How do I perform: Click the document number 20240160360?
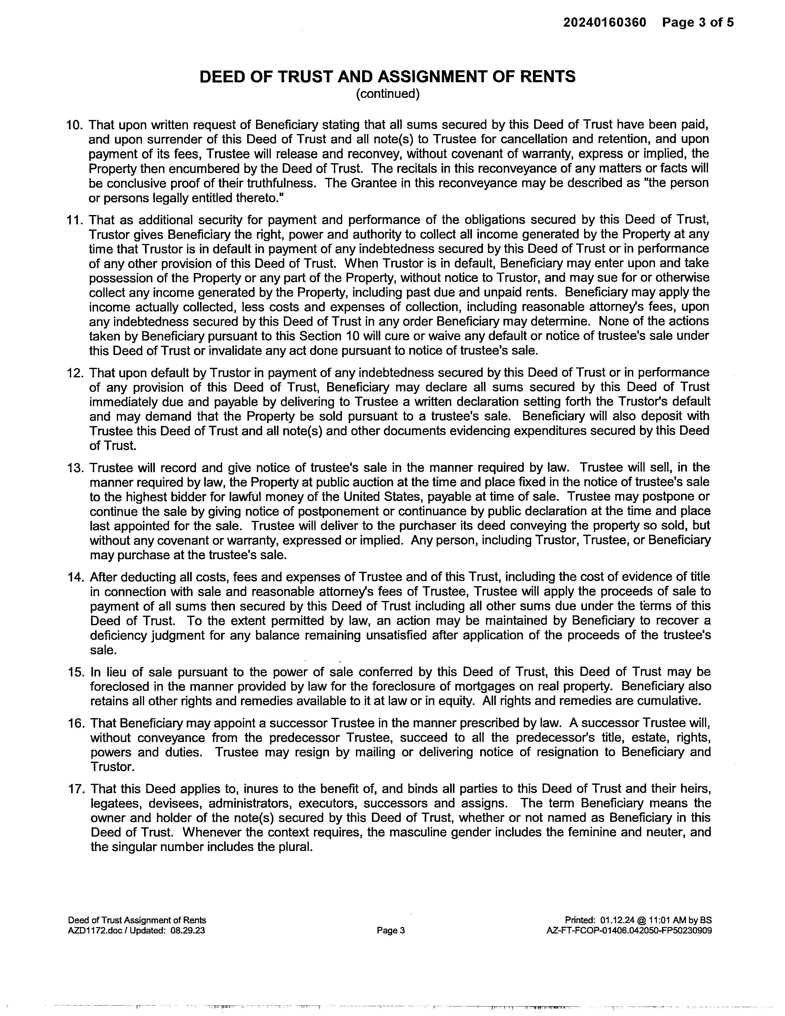click(x=605, y=22)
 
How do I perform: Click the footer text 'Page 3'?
click(x=391, y=930)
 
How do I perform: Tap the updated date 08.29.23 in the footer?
click(x=188, y=930)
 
